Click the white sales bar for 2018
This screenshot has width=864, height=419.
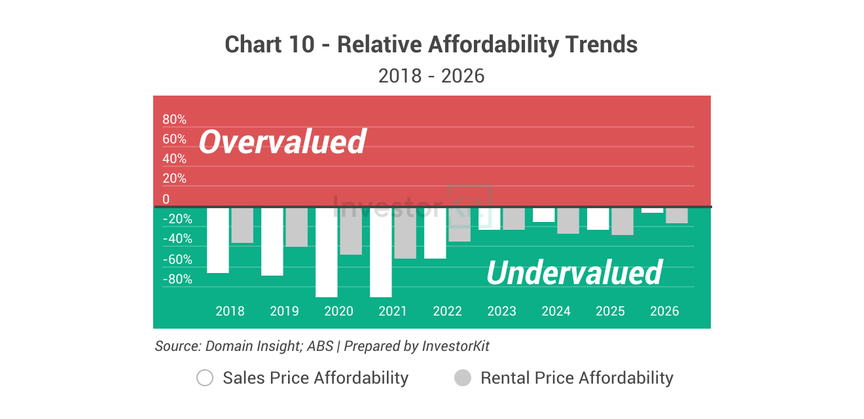point(218,240)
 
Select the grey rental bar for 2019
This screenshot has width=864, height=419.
point(296,227)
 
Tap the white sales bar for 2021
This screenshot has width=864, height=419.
point(381,252)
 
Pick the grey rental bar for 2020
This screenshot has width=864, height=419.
point(350,231)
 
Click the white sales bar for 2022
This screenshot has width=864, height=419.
point(435,233)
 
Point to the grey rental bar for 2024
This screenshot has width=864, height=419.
point(567,221)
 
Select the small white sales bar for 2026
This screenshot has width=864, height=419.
point(653,210)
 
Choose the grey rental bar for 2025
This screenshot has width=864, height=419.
point(622,221)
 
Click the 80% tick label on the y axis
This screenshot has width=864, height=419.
point(174,120)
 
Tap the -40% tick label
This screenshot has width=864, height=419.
point(177,239)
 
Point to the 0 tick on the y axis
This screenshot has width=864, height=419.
point(166,199)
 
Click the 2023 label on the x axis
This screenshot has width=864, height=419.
point(501,311)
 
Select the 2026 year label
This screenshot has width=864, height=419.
point(664,311)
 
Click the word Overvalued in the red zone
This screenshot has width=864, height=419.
point(282,141)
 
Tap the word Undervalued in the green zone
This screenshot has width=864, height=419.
point(574,272)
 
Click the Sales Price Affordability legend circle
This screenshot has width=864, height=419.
point(205,378)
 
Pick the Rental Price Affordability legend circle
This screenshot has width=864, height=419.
point(463,378)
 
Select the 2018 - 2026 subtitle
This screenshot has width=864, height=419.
point(431,76)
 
